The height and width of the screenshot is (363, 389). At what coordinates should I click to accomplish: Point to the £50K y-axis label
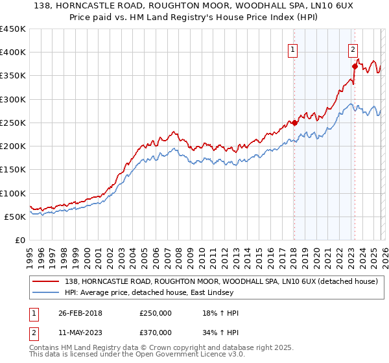pos(14,217)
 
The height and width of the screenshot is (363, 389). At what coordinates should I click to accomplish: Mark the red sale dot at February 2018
pos(294,123)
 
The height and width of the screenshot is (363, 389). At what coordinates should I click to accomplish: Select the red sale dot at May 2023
pos(355,66)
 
